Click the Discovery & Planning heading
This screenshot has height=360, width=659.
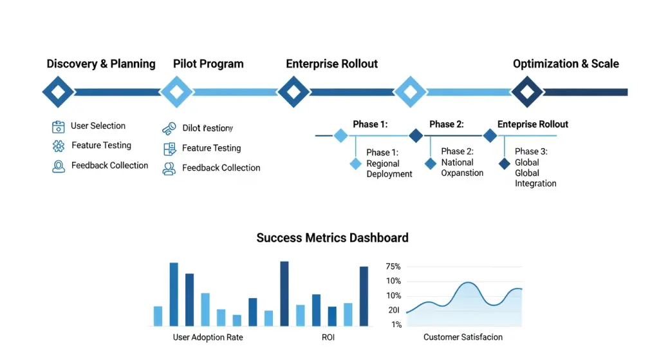point(101,64)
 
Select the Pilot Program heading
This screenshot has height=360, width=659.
point(209,64)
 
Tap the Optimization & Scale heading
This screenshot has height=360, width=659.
point(566,64)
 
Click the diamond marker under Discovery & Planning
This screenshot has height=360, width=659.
point(58,92)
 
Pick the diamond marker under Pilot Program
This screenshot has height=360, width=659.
point(175,92)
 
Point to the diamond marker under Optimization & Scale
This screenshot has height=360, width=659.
point(527,92)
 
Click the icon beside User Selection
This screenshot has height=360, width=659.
point(59,127)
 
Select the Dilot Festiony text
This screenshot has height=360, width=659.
point(207,128)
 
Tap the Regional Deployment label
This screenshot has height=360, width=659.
point(389,169)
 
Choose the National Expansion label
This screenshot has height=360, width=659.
point(462,167)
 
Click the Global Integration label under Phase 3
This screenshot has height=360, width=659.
point(535,178)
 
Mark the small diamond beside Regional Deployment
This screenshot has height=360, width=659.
point(355,164)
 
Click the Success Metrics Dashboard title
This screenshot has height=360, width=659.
point(332,238)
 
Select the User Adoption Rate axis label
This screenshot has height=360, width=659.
point(208,337)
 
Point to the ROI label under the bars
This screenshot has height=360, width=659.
point(328,337)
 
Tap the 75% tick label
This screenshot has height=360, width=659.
point(393,267)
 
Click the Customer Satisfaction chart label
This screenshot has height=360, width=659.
point(463,337)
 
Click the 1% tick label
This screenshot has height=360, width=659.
point(396,325)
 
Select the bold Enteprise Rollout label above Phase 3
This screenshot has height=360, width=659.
point(533,124)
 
